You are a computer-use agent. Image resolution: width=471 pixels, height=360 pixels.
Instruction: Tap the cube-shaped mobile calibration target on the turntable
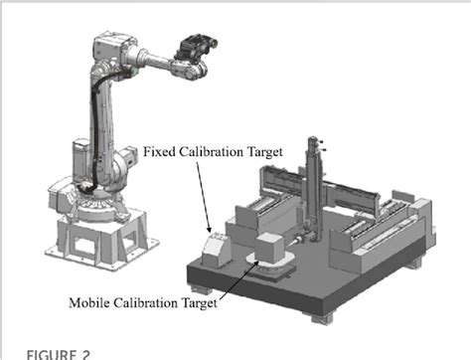point(271,246)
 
